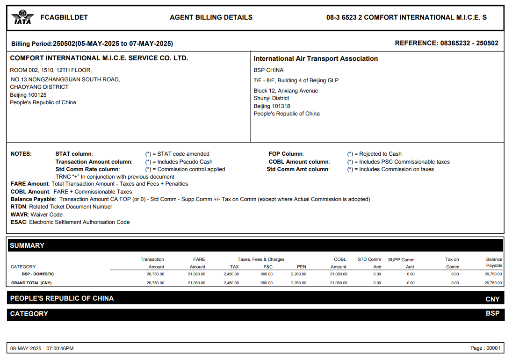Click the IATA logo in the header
coord(22,18)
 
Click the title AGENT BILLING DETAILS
coord(211,18)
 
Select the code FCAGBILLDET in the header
coord(64,18)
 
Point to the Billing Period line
coord(92,43)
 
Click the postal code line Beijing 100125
coord(29,95)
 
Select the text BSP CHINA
coord(268,70)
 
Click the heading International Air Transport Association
coord(316,58)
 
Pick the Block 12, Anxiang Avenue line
coord(286,91)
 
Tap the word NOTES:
coord(21,154)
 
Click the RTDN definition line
coord(61,207)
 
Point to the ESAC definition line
coord(70,222)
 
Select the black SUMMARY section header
coord(255,245)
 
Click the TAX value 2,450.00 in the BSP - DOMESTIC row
coord(231,274)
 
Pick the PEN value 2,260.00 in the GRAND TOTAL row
coord(298,283)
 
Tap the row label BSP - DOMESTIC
coord(38,274)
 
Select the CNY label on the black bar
coord(492,299)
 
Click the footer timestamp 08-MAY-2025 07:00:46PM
coord(42,348)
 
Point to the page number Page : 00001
coord(485,348)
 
